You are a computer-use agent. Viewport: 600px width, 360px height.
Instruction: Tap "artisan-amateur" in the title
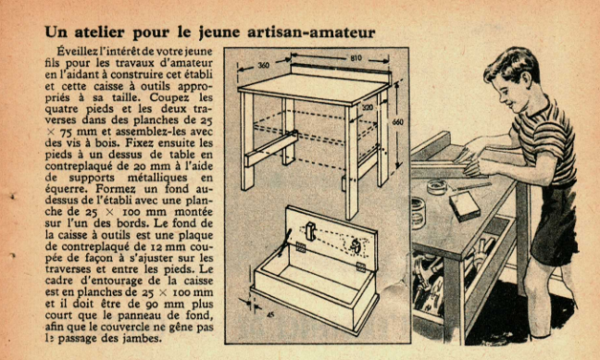coord(311,32)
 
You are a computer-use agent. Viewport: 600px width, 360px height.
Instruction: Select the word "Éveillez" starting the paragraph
coord(76,51)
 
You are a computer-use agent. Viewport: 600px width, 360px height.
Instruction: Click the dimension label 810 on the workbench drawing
coord(356,58)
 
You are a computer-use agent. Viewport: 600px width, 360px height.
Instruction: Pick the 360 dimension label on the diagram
coord(263,66)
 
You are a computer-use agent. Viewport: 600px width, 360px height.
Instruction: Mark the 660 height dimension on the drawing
coord(398,122)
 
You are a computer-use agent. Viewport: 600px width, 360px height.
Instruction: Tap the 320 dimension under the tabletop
coord(368,108)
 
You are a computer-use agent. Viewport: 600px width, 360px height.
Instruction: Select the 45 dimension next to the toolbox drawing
coord(270,316)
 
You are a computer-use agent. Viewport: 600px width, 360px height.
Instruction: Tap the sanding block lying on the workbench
coord(465,206)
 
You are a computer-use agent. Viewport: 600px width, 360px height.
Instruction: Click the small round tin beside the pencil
coord(437,187)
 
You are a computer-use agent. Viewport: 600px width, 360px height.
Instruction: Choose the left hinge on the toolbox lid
coord(301,247)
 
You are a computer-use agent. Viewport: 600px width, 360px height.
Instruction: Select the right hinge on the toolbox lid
coord(361,267)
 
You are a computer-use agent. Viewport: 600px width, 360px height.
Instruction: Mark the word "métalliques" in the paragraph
coord(157,178)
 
